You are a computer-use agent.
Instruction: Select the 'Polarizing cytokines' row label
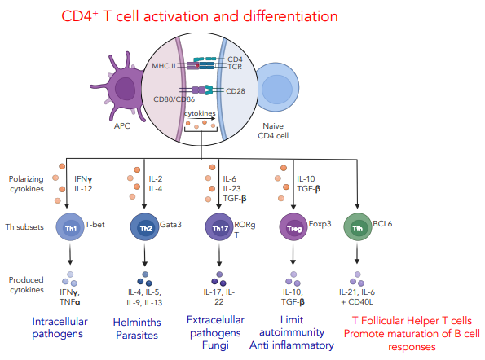coord(25,182)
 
